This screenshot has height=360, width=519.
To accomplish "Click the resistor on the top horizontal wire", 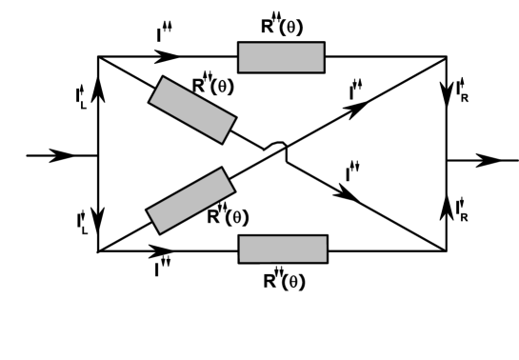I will coord(281,57).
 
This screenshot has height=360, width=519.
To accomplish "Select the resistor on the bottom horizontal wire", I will coord(283,250).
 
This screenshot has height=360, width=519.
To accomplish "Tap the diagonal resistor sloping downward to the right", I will coord(191,110).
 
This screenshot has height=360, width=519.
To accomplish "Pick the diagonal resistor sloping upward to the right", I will coord(190,199).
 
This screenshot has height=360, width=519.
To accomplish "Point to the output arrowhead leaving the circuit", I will coord(489,161).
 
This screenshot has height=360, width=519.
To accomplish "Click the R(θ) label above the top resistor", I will coord(282,26).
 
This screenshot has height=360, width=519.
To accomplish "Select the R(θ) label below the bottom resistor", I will coord(284,281).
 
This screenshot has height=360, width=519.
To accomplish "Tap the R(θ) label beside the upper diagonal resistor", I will coord(212,86).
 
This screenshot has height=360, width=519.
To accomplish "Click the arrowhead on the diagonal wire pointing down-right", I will coord(350,196).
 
